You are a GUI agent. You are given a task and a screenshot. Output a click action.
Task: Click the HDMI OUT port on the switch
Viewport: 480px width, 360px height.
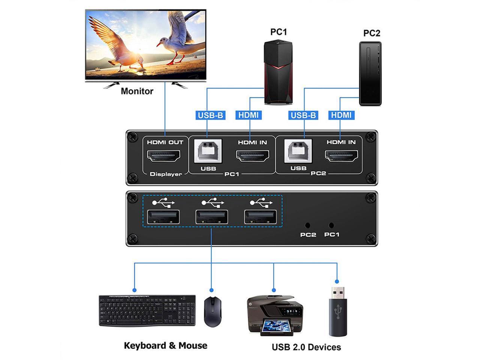click(163, 156)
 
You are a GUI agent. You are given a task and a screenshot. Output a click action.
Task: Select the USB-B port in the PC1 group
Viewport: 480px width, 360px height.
click(208, 151)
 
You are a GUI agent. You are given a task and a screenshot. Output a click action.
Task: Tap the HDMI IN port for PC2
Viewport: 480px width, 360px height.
click(341, 156)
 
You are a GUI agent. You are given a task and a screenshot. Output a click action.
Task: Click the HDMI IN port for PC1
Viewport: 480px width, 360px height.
click(252, 156)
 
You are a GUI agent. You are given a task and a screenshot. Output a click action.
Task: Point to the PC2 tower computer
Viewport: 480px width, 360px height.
click(370, 73)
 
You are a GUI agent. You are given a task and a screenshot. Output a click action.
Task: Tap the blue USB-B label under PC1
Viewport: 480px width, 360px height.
click(210, 115)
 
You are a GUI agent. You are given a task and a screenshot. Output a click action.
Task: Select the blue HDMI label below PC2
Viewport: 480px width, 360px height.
click(341, 115)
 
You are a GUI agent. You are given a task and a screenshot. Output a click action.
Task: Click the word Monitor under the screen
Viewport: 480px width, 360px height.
click(137, 91)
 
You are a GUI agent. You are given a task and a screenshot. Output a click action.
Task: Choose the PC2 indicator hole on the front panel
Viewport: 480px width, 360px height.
click(308, 225)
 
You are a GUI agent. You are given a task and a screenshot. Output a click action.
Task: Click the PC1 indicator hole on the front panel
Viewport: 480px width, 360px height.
click(331, 225)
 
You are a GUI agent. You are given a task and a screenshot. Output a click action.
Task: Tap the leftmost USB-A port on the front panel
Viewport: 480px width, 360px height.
click(163, 217)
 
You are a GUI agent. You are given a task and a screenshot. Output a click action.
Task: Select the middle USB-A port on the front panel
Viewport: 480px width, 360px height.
click(212, 217)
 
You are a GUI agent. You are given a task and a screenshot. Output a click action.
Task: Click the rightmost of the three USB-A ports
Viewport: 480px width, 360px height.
click(261, 217)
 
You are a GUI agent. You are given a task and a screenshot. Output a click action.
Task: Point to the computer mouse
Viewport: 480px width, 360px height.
click(212, 312)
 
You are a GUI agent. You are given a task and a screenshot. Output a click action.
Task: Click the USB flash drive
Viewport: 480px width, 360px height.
click(338, 311)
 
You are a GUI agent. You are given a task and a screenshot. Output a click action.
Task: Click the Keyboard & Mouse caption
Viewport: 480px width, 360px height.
click(165, 346)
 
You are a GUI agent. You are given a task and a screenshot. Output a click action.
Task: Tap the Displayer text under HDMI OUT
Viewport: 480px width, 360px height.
click(166, 174)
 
